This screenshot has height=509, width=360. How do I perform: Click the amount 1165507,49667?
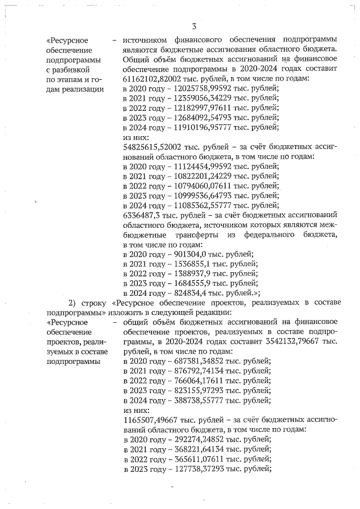point(152,419)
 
